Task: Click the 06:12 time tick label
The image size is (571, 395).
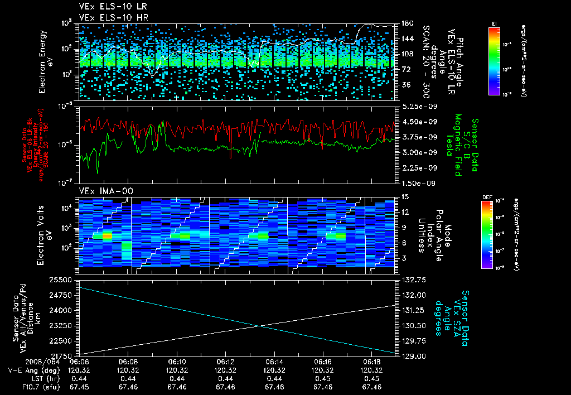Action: pyautogui.click(x=225, y=362)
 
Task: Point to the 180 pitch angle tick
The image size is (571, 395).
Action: pyautogui.click(x=406, y=23)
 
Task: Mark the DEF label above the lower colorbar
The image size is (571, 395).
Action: pyautogui.click(x=485, y=197)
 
